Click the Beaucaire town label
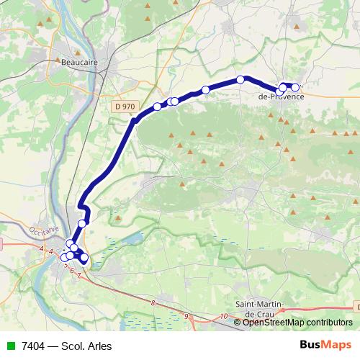[80, 63]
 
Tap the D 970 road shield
[125, 106]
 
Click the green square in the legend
[11, 346]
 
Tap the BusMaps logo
[326, 345]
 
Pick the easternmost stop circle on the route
[295, 87]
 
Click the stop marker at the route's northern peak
[240, 79]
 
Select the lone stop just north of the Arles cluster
[82, 223]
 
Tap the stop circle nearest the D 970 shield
[157, 107]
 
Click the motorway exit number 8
[153, 303]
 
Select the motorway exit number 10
[225, 316]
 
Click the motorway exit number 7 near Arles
[78, 276]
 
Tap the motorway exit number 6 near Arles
[71, 270]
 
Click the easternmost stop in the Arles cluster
[84, 257]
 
